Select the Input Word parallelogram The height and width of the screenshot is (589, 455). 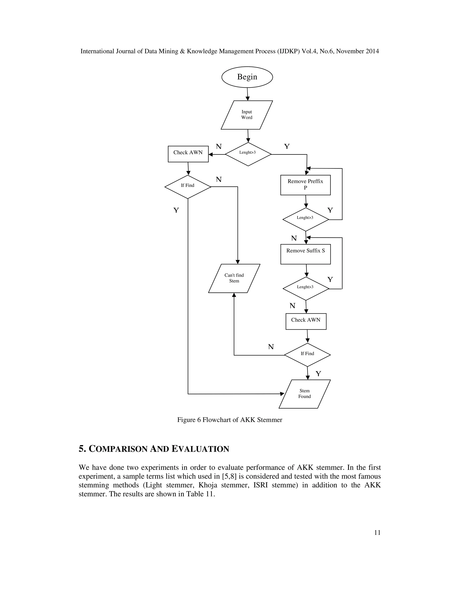click(x=247, y=115)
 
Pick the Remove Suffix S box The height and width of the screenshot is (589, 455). click(x=305, y=254)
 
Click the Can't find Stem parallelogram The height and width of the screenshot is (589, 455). click(x=234, y=278)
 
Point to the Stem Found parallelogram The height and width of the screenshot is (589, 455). click(x=304, y=394)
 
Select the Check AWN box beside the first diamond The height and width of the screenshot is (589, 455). click(x=188, y=154)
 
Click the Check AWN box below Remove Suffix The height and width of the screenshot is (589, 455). click(x=306, y=321)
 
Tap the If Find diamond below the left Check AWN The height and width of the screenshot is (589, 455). click(x=188, y=187)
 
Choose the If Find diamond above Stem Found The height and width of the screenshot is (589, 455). click(x=307, y=355)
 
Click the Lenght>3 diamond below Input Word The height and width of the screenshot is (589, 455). click(x=248, y=154)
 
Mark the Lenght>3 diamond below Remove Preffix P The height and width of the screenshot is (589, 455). click(x=305, y=219)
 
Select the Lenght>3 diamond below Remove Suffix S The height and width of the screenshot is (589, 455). click(x=306, y=288)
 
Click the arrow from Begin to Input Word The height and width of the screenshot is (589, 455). click(x=247, y=94)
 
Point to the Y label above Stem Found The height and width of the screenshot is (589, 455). click(x=318, y=374)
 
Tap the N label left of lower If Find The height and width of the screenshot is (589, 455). click(x=271, y=347)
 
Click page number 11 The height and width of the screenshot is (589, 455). click(x=377, y=533)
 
